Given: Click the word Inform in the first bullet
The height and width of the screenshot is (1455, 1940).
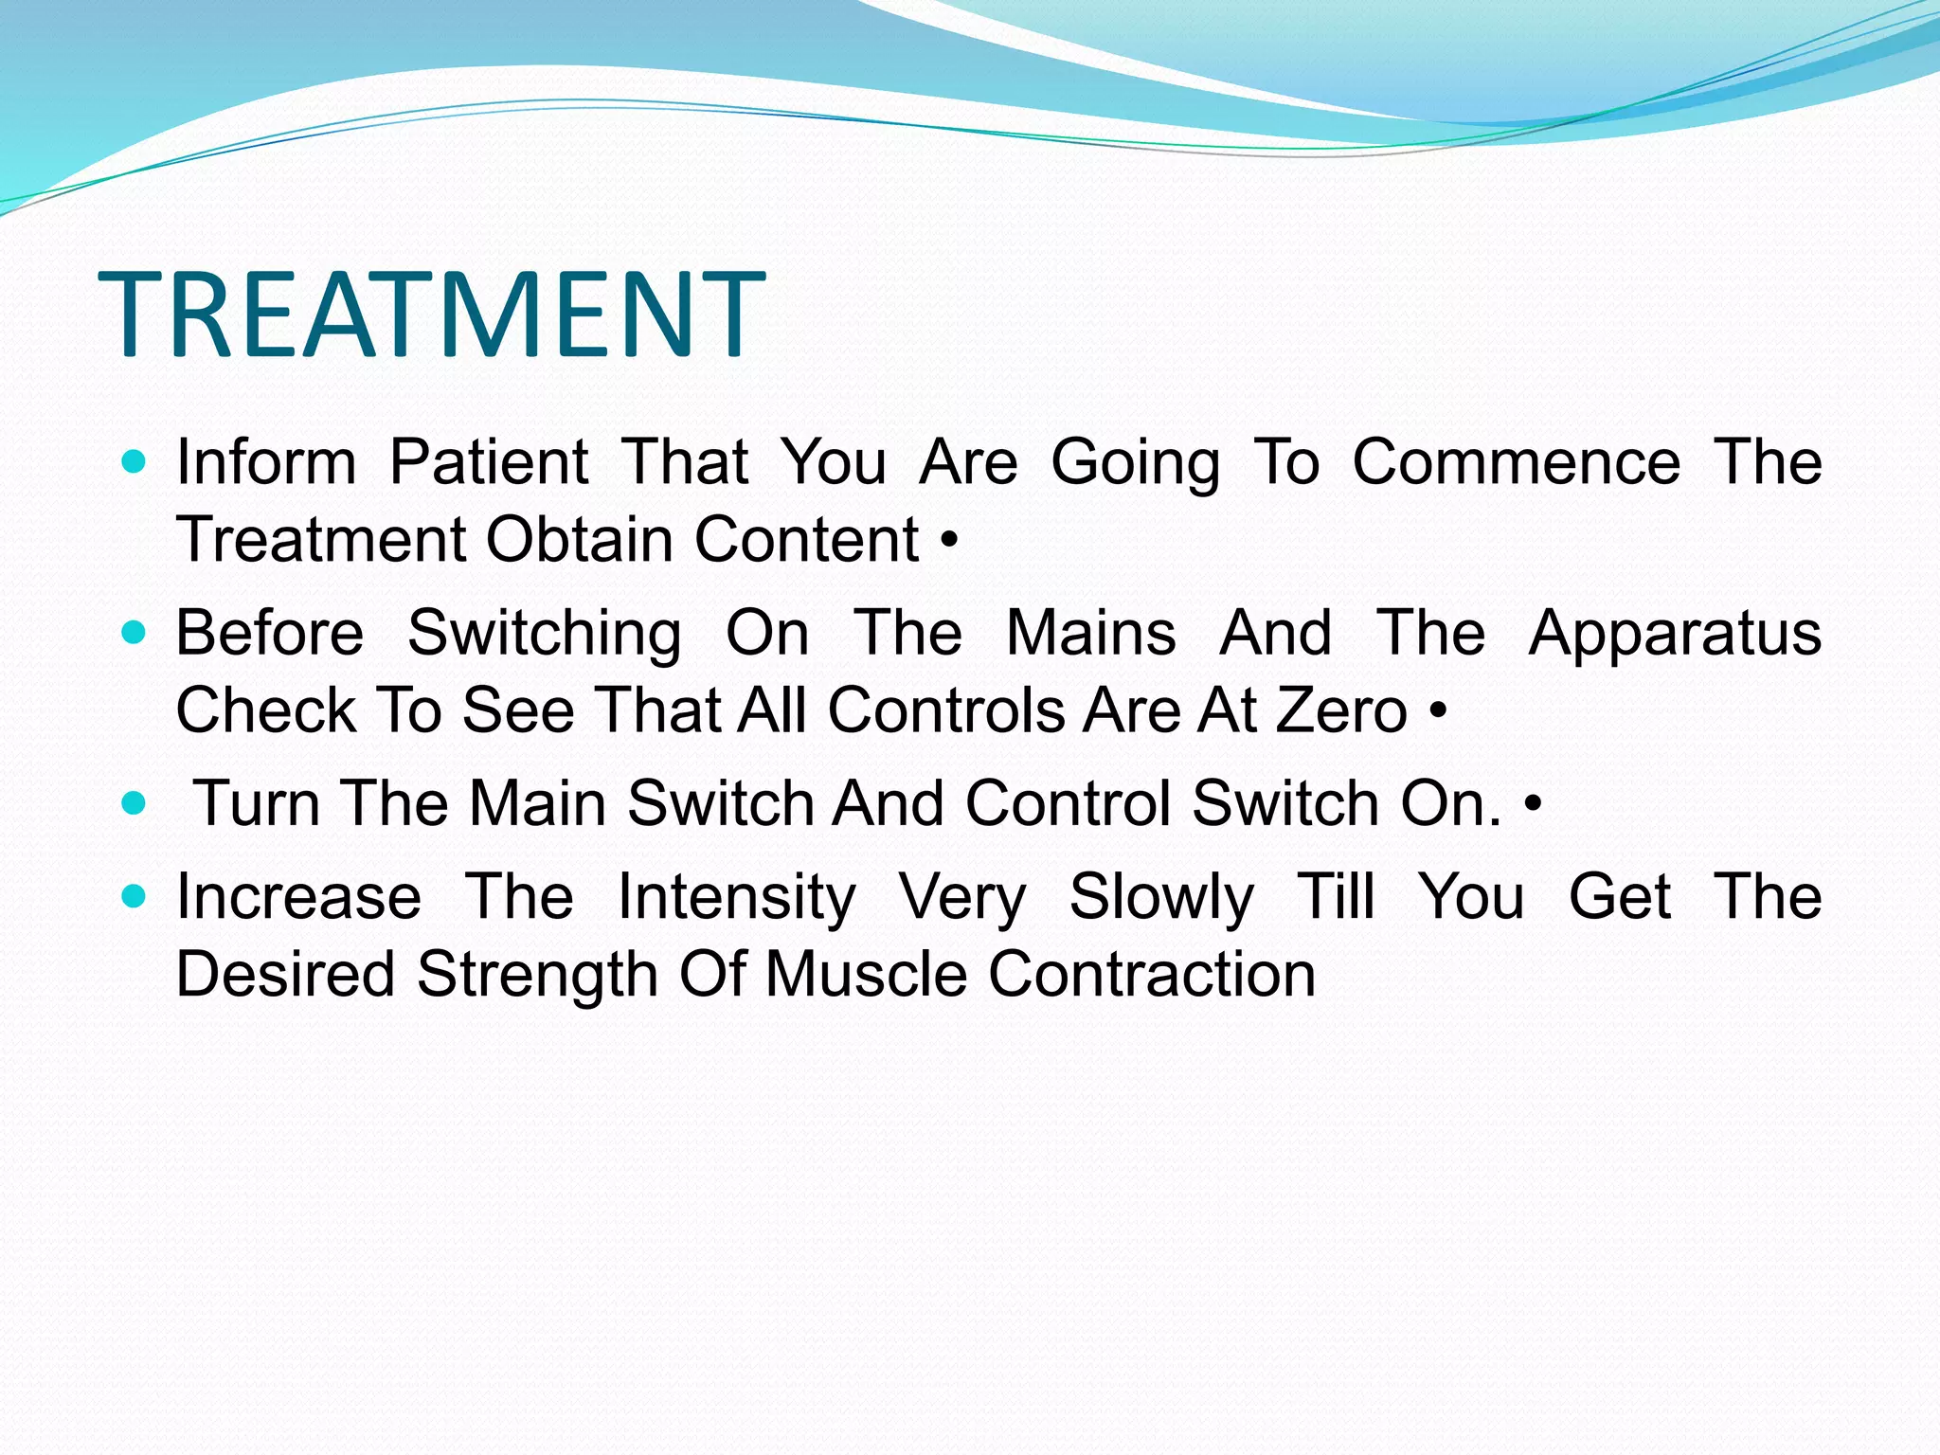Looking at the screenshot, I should [x=266, y=463].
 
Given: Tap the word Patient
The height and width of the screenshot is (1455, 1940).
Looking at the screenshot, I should [x=489, y=463].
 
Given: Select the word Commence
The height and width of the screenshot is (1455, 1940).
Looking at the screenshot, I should [x=1516, y=463].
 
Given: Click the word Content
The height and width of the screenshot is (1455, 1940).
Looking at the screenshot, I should [x=806, y=540].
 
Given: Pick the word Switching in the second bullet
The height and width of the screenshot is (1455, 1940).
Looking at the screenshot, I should [x=544, y=634].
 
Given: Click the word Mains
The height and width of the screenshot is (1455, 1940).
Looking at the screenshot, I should [x=1090, y=633].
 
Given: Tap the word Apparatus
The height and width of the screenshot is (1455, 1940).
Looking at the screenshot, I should [x=1675, y=634].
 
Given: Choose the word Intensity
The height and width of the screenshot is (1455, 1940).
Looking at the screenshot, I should [x=736, y=898].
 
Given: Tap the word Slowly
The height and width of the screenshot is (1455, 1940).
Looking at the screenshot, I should [x=1161, y=898].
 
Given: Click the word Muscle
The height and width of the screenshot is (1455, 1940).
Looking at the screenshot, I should [x=866, y=975].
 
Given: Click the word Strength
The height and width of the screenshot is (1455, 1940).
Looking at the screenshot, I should [x=537, y=975].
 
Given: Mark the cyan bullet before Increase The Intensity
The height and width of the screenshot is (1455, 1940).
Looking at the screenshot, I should [x=135, y=895].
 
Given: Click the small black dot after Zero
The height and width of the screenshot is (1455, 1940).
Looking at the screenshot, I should [x=1439, y=710].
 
